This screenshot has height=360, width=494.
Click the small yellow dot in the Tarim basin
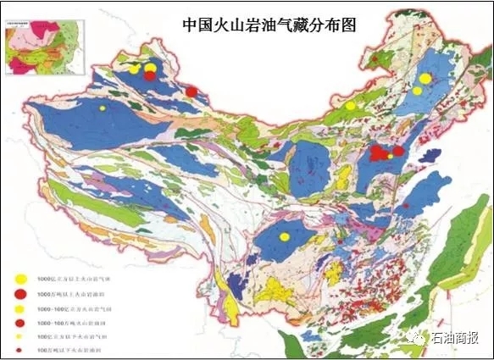[103, 108]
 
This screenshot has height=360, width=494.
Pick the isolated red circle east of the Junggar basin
[191, 91]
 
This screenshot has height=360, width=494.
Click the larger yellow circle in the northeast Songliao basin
[425, 78]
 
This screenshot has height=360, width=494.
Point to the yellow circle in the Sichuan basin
[285, 236]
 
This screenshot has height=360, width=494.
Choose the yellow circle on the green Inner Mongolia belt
[350, 105]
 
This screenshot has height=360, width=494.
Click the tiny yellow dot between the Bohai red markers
[390, 156]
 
